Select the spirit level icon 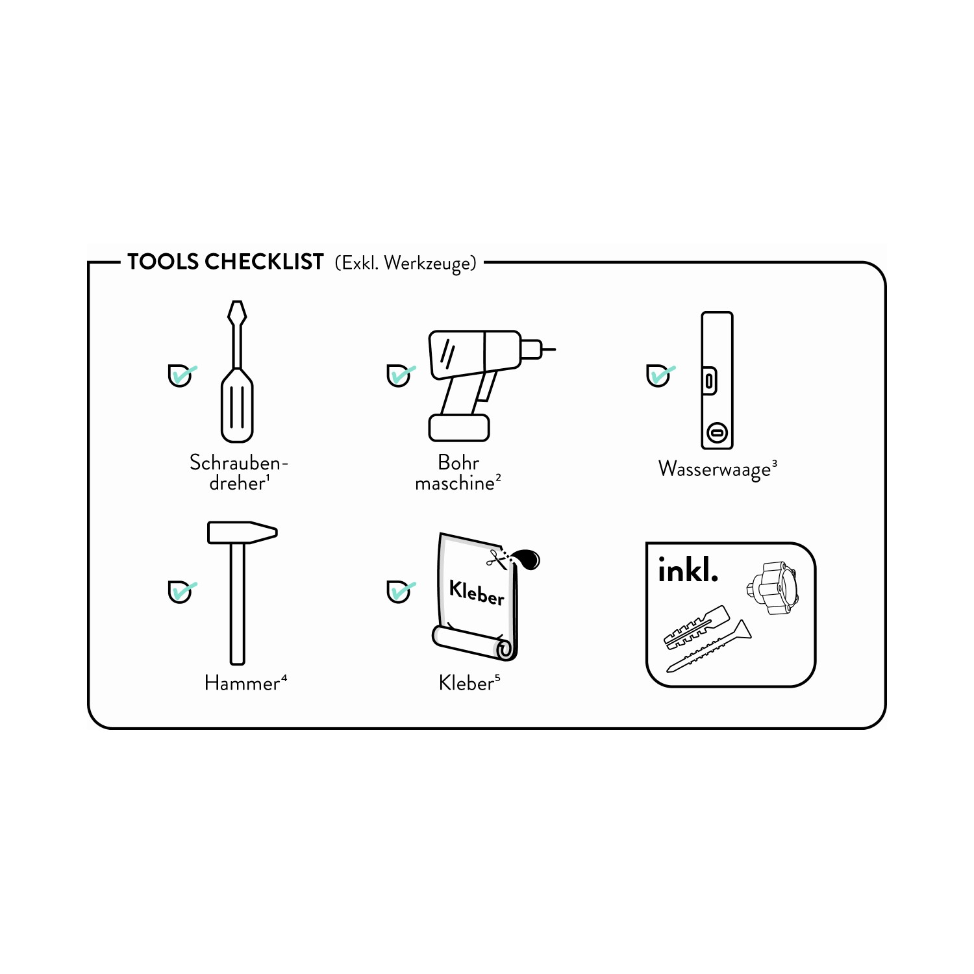[717, 381]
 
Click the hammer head [242, 532]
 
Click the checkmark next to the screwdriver [182, 375]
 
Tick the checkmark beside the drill [401, 375]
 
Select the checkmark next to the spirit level [660, 375]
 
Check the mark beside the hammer [182, 592]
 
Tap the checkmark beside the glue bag [401, 592]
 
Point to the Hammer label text [242, 683]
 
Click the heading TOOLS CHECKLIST [225, 262]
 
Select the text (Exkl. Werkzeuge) [406, 263]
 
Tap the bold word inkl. [688, 569]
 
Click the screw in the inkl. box [709, 646]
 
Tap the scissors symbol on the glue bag [497, 558]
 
